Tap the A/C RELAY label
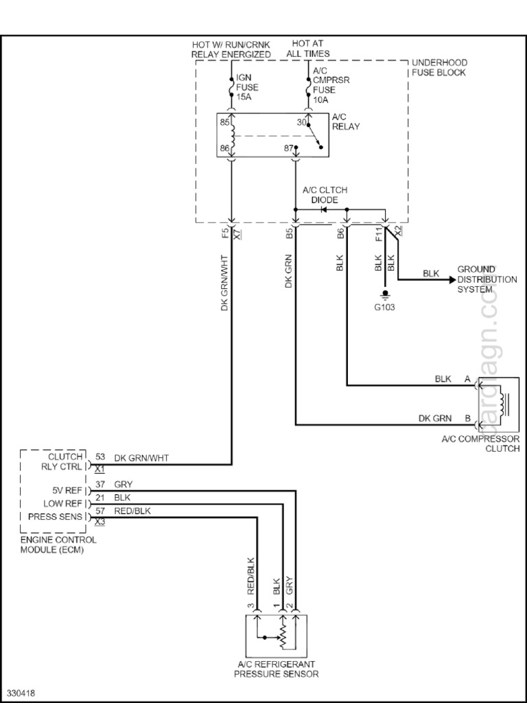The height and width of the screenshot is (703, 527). (x=346, y=122)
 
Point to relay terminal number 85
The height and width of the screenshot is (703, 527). (x=224, y=124)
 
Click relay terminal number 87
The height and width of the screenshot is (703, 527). (x=289, y=148)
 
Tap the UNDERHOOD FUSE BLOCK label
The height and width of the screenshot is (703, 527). (x=438, y=67)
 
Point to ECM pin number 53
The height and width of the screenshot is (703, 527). (x=100, y=457)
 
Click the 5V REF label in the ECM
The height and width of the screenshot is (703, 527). (x=67, y=491)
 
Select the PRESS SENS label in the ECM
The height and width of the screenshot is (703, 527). (x=57, y=516)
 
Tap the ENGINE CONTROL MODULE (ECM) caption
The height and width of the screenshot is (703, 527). (x=58, y=544)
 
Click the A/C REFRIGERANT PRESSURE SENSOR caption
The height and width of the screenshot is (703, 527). (x=276, y=669)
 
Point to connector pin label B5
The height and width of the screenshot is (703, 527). (x=290, y=233)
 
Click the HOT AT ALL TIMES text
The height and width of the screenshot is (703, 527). (x=311, y=49)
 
